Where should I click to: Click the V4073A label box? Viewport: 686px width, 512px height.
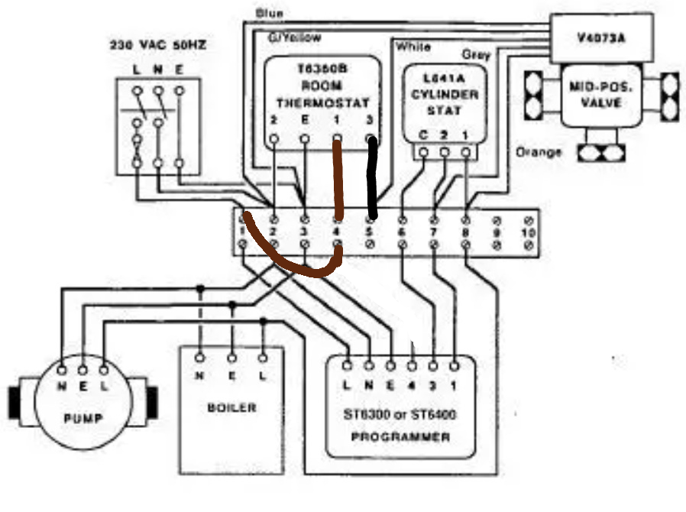(x=599, y=35)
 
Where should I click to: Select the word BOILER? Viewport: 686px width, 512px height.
(x=231, y=407)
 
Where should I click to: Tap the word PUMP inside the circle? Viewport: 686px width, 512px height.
(x=84, y=420)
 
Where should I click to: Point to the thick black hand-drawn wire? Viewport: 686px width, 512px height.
(x=374, y=176)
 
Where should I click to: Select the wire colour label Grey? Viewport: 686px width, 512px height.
(x=475, y=55)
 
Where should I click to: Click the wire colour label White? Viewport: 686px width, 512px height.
(x=413, y=47)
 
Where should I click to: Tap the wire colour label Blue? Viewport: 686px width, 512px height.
(x=270, y=13)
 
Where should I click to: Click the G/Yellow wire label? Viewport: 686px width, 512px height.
(x=294, y=37)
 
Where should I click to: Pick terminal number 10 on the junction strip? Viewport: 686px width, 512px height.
(x=527, y=232)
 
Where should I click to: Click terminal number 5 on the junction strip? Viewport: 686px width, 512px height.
(x=370, y=232)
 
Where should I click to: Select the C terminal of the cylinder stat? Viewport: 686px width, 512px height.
(x=422, y=136)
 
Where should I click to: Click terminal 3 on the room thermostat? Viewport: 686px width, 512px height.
(x=370, y=121)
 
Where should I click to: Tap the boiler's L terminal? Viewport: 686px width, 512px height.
(x=263, y=377)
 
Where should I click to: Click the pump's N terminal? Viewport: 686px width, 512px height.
(x=62, y=387)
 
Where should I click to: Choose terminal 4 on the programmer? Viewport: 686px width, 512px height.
(x=413, y=385)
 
